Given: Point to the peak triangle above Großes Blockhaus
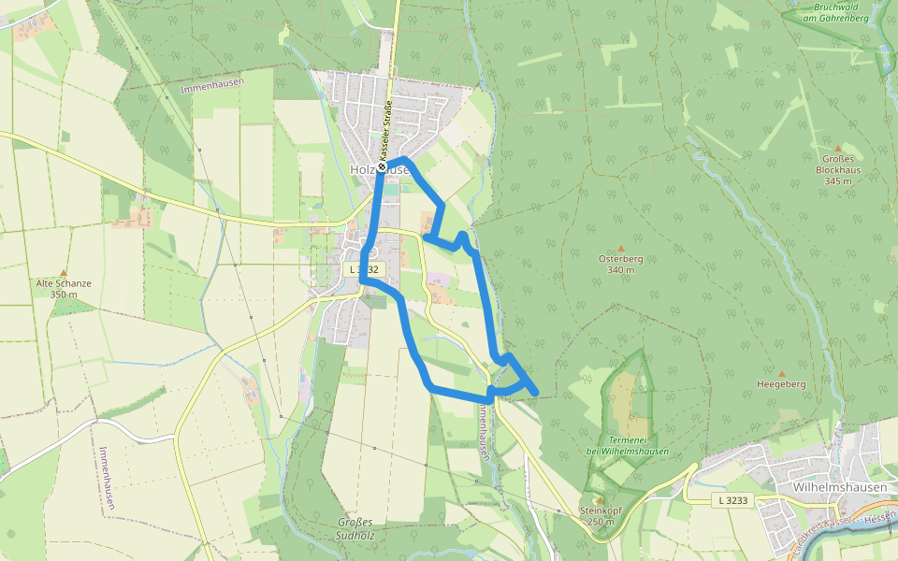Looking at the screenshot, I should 838,148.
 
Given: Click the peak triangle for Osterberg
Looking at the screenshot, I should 620,249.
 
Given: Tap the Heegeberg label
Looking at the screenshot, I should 781,384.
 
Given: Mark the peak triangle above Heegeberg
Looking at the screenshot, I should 782,373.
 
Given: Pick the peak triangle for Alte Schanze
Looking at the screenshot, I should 64,272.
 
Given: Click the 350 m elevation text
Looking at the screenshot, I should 64,295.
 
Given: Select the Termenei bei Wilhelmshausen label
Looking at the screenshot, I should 627,445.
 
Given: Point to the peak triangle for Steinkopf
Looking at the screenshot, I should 600,500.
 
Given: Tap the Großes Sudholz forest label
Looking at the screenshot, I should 354,528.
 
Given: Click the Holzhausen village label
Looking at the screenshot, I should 379,170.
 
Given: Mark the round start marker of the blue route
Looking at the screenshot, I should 383,167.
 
